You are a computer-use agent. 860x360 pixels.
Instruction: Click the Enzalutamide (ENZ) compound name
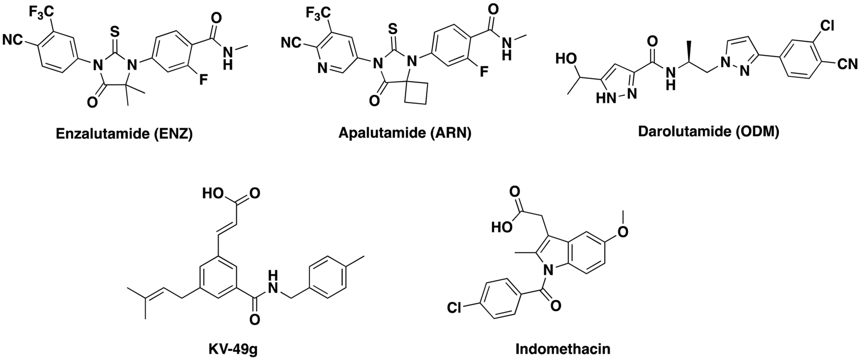click(124, 134)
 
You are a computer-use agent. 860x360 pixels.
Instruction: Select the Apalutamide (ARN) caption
click(405, 134)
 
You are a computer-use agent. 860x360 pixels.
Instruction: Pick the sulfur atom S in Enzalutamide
click(115, 32)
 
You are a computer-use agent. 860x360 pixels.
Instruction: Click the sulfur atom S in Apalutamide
click(393, 29)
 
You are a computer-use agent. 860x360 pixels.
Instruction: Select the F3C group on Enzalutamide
click(42, 12)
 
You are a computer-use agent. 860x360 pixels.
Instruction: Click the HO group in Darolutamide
click(565, 59)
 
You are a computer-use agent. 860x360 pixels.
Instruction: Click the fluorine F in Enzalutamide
click(203, 81)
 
